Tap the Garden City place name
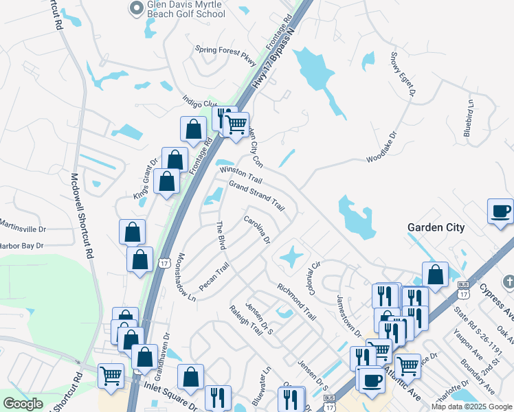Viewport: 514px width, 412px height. point(436,227)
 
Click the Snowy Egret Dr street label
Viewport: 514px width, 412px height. point(403,73)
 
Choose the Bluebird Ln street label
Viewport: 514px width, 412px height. point(469,119)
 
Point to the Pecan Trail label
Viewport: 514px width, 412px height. point(213,275)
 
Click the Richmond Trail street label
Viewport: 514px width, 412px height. point(297,302)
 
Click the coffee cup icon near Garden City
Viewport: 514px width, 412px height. point(500,211)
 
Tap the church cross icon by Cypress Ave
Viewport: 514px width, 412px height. point(508,282)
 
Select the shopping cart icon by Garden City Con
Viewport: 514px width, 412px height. point(236,124)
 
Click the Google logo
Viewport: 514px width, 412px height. point(23,404)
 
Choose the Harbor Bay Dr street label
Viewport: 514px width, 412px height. point(22,245)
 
